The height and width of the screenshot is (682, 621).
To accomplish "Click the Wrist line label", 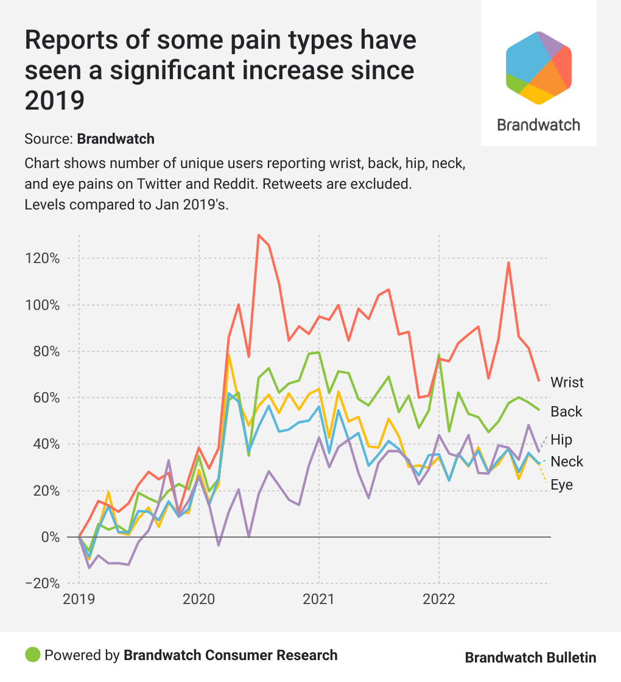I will (567, 382).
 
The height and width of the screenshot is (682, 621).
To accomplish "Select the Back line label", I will (566, 412).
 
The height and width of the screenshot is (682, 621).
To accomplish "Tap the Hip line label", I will (561, 440).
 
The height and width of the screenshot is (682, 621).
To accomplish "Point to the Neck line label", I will (567, 462).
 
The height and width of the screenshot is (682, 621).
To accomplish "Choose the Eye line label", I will (562, 485).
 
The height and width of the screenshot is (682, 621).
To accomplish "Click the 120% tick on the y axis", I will (42, 258).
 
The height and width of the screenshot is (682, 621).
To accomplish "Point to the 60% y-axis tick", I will (45, 398).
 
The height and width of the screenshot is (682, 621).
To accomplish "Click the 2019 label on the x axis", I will (79, 599).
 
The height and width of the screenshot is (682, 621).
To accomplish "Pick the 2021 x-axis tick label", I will (319, 599).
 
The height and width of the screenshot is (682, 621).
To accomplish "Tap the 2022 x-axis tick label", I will (439, 599).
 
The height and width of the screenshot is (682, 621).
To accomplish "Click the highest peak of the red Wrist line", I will (259, 234).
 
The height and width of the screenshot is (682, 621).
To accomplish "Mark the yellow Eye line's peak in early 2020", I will (229, 354).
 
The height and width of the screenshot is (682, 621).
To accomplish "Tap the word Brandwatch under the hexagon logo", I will (538, 125).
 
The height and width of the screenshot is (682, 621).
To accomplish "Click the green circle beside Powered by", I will (33, 655).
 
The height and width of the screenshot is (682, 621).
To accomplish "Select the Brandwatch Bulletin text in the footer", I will (530, 658).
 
